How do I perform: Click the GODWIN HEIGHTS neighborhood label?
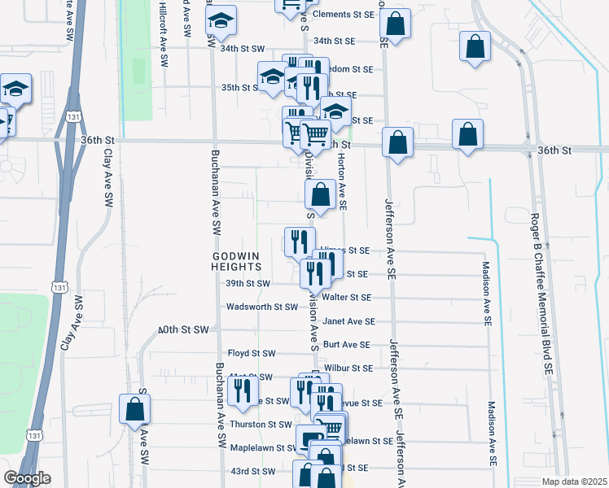236,260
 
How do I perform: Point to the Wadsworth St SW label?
262,307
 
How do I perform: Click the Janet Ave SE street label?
348,321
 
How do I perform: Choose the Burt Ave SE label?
346,345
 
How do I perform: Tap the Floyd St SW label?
252,353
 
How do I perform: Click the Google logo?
27,477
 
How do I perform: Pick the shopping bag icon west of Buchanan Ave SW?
134,411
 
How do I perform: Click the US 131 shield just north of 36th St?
74,117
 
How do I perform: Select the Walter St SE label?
347,298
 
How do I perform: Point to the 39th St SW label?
248,283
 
